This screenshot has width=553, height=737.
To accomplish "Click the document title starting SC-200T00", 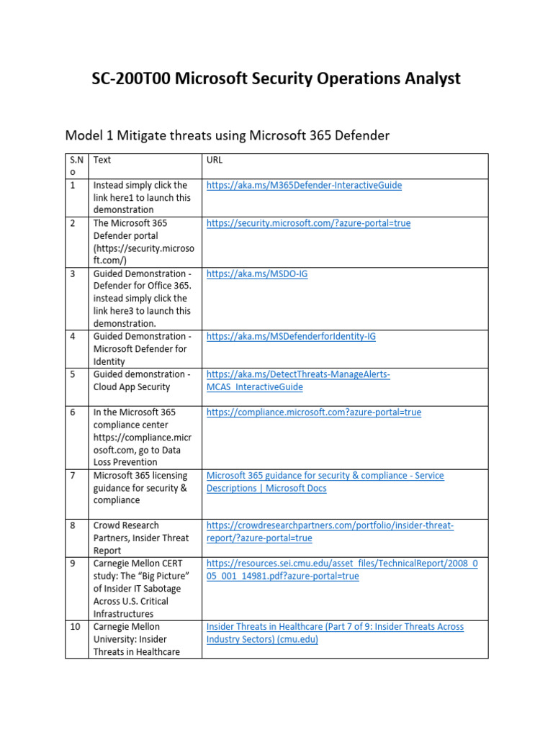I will point(276,78).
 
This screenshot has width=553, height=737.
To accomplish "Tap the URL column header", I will point(214,160).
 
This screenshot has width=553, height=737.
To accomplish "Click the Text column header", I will point(102,160).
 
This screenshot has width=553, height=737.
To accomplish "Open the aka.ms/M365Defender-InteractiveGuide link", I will point(304,186).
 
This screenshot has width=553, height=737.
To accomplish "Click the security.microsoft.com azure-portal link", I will point(308,223).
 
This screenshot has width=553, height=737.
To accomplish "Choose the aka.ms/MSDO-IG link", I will point(256,274).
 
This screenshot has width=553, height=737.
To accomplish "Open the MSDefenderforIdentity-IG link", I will point(291,336).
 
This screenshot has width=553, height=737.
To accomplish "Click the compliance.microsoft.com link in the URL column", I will point(313,412).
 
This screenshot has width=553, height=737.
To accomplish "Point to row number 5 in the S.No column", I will point(73,375).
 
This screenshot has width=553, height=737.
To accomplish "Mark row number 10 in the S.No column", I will point(75,627).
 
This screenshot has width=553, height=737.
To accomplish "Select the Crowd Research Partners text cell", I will point(141,538).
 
